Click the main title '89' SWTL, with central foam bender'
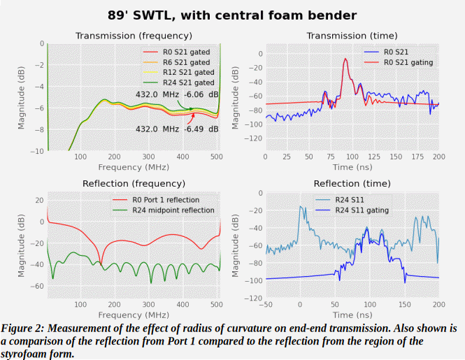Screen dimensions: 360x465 pyautogui.click(x=232, y=14)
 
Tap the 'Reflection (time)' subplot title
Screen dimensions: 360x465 pyautogui.click(x=352, y=184)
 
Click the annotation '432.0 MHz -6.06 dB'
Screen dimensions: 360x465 pyautogui.click(x=177, y=95)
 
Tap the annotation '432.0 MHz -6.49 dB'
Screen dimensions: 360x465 pyautogui.click(x=177, y=129)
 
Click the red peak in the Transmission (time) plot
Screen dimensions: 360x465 pyautogui.click(x=345, y=60)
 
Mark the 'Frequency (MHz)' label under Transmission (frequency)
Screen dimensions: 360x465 pyautogui.click(x=134, y=167)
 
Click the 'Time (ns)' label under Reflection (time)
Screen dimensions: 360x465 pyautogui.click(x=352, y=315)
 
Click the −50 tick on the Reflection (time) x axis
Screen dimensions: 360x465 pyautogui.click(x=265, y=305)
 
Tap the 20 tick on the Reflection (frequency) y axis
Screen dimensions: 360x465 pyautogui.click(x=39, y=201)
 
